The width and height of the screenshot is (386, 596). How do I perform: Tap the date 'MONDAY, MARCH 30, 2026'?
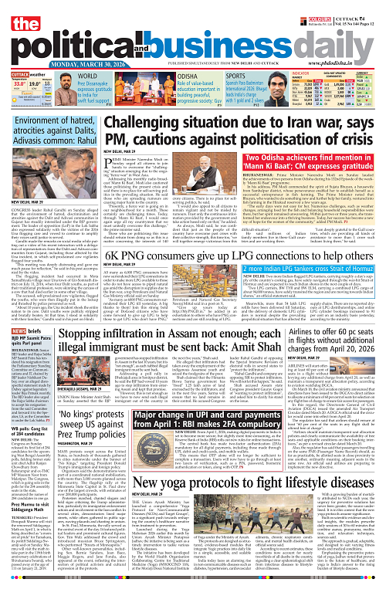[x=54, y=65]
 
